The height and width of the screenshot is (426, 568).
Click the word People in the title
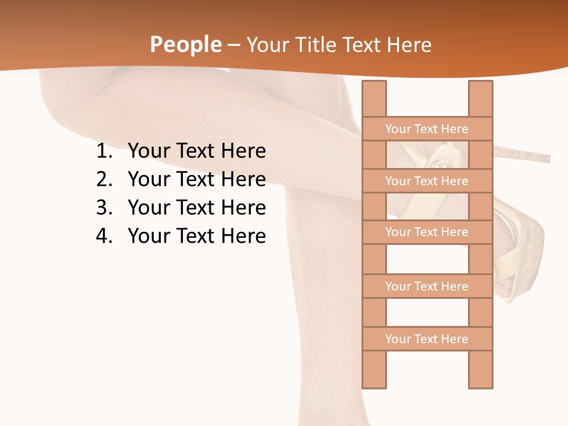pos(185,45)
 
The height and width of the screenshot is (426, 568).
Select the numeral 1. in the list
pos(104,151)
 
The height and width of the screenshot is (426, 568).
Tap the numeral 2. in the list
pos(104,179)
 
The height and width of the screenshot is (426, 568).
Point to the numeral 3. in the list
pos(104,208)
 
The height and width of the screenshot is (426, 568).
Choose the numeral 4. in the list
pos(104,236)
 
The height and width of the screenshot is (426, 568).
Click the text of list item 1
pos(196,151)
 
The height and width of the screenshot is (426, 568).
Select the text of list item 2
pos(196,179)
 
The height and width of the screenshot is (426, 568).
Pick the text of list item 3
pos(196,208)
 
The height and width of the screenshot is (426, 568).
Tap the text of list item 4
pos(196,236)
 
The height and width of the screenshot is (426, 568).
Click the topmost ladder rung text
pos(427,129)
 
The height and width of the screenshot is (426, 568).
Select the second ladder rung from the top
pos(427,181)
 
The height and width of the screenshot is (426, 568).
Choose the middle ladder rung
pos(427,232)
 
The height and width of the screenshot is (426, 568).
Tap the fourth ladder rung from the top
pos(427,286)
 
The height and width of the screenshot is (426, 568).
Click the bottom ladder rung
pos(427,339)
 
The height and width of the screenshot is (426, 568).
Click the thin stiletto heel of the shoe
pos(524,156)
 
